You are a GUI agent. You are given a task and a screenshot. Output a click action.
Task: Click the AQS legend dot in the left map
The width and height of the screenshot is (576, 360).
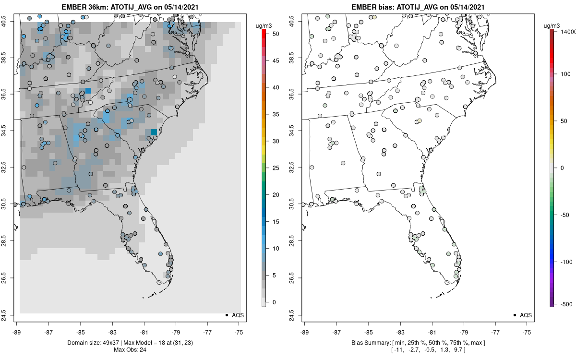(226, 315)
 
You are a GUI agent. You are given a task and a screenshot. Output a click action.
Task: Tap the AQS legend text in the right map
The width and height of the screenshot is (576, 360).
(526, 315)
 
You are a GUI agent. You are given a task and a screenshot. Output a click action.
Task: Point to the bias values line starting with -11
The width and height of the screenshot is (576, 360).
(418, 350)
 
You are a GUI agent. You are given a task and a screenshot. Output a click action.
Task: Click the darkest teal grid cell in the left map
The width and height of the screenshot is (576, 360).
(154, 132)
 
